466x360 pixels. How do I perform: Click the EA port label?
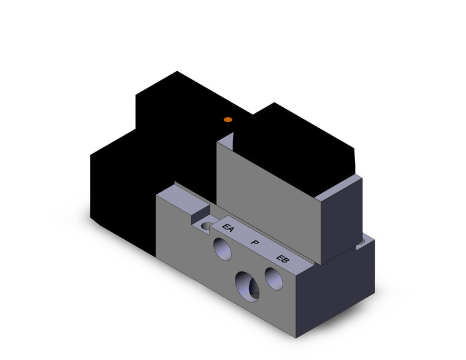point(228,229)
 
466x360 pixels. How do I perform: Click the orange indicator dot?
point(227,119)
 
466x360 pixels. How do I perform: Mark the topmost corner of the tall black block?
point(177,72)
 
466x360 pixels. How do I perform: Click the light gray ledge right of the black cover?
point(341,186)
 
